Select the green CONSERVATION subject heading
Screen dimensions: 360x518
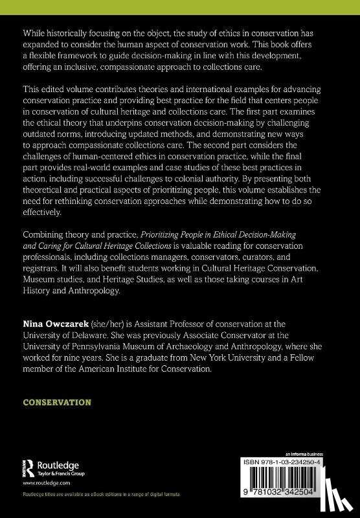pyautogui.click(x=57, y=402)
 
